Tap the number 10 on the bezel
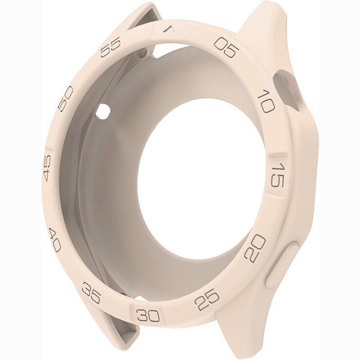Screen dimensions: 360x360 (266, 101)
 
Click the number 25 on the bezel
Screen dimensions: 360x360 (207, 299)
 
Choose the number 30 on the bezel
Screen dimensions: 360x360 (148, 315)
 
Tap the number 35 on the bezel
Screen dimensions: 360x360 (91, 293)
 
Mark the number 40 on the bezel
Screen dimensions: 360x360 (55, 240)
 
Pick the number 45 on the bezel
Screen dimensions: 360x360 (47, 168)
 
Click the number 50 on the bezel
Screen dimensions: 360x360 (65, 99)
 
